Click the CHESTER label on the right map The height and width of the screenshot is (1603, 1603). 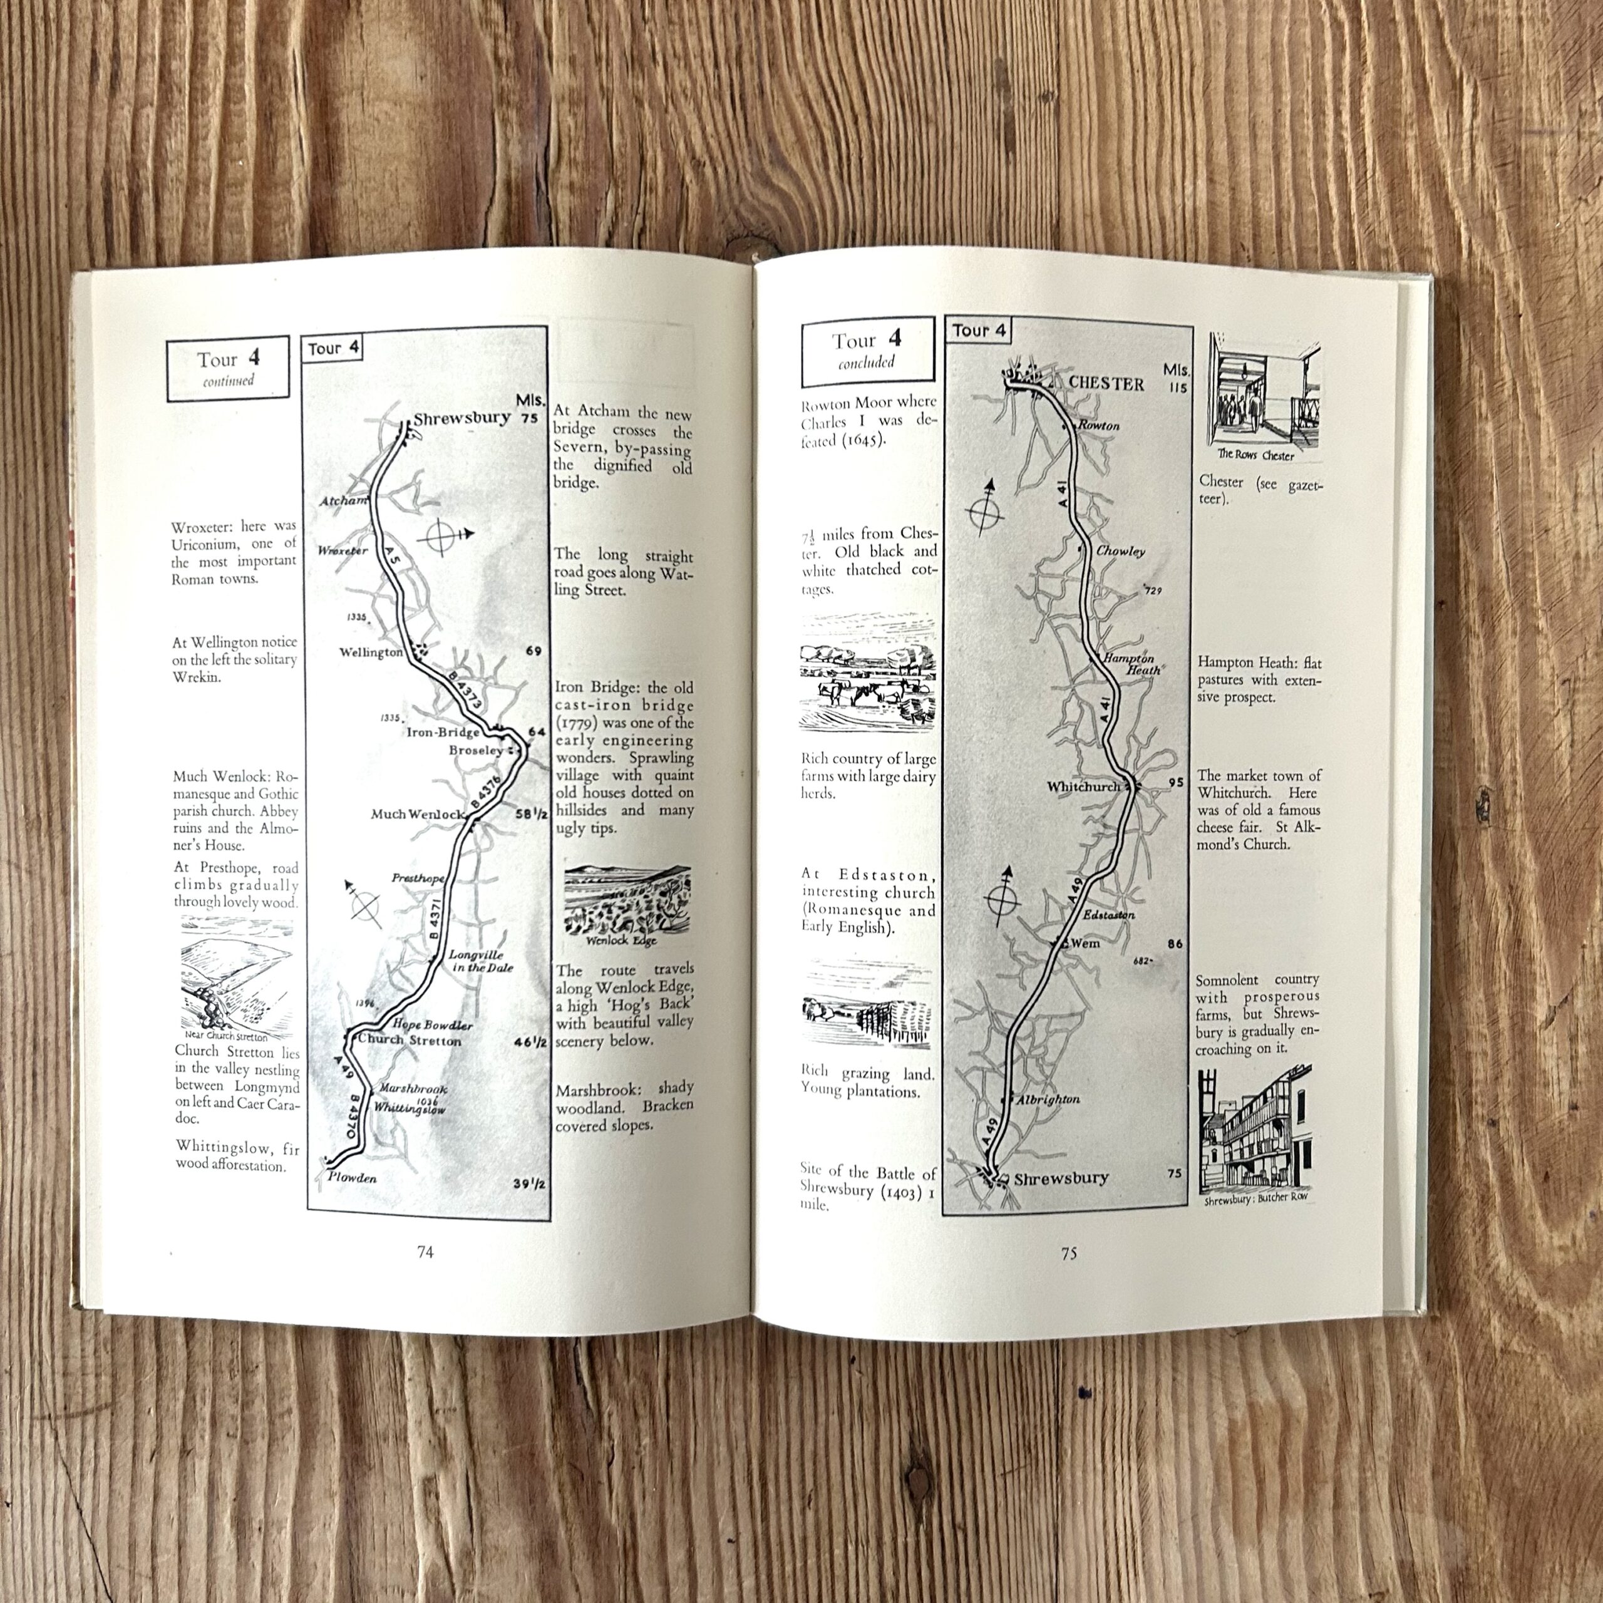[x=1106, y=383]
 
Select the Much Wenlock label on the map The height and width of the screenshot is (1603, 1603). [x=418, y=814]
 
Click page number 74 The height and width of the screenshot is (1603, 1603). [x=425, y=1252]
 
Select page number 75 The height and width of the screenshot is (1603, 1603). [x=1069, y=1253]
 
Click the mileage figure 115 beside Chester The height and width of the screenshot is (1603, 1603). [x=1176, y=388]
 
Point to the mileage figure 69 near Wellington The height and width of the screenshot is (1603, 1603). [x=533, y=651]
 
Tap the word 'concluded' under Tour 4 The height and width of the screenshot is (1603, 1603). [x=866, y=363]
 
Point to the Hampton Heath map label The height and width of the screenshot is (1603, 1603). [x=1131, y=663]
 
